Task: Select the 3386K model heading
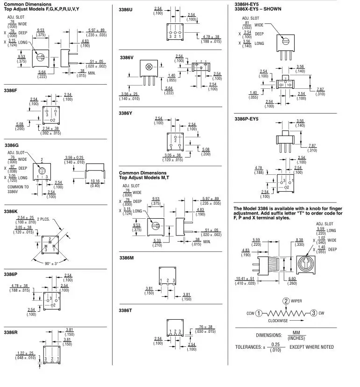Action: pyautogui.click(x=10, y=211)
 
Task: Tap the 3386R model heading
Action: pyautogui.click(x=10, y=332)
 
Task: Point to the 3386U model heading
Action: pyautogui.click(x=126, y=10)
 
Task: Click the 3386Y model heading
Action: pyautogui.click(x=126, y=113)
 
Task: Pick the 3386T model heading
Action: pyautogui.click(x=126, y=310)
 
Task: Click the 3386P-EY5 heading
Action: pyautogui.click(x=246, y=119)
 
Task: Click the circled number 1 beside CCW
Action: pyautogui.click(x=258, y=313)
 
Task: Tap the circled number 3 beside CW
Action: pyautogui.click(x=314, y=313)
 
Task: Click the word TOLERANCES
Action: pyautogui.click(x=249, y=347)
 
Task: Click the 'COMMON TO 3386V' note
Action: pyautogui.click(x=18, y=189)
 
